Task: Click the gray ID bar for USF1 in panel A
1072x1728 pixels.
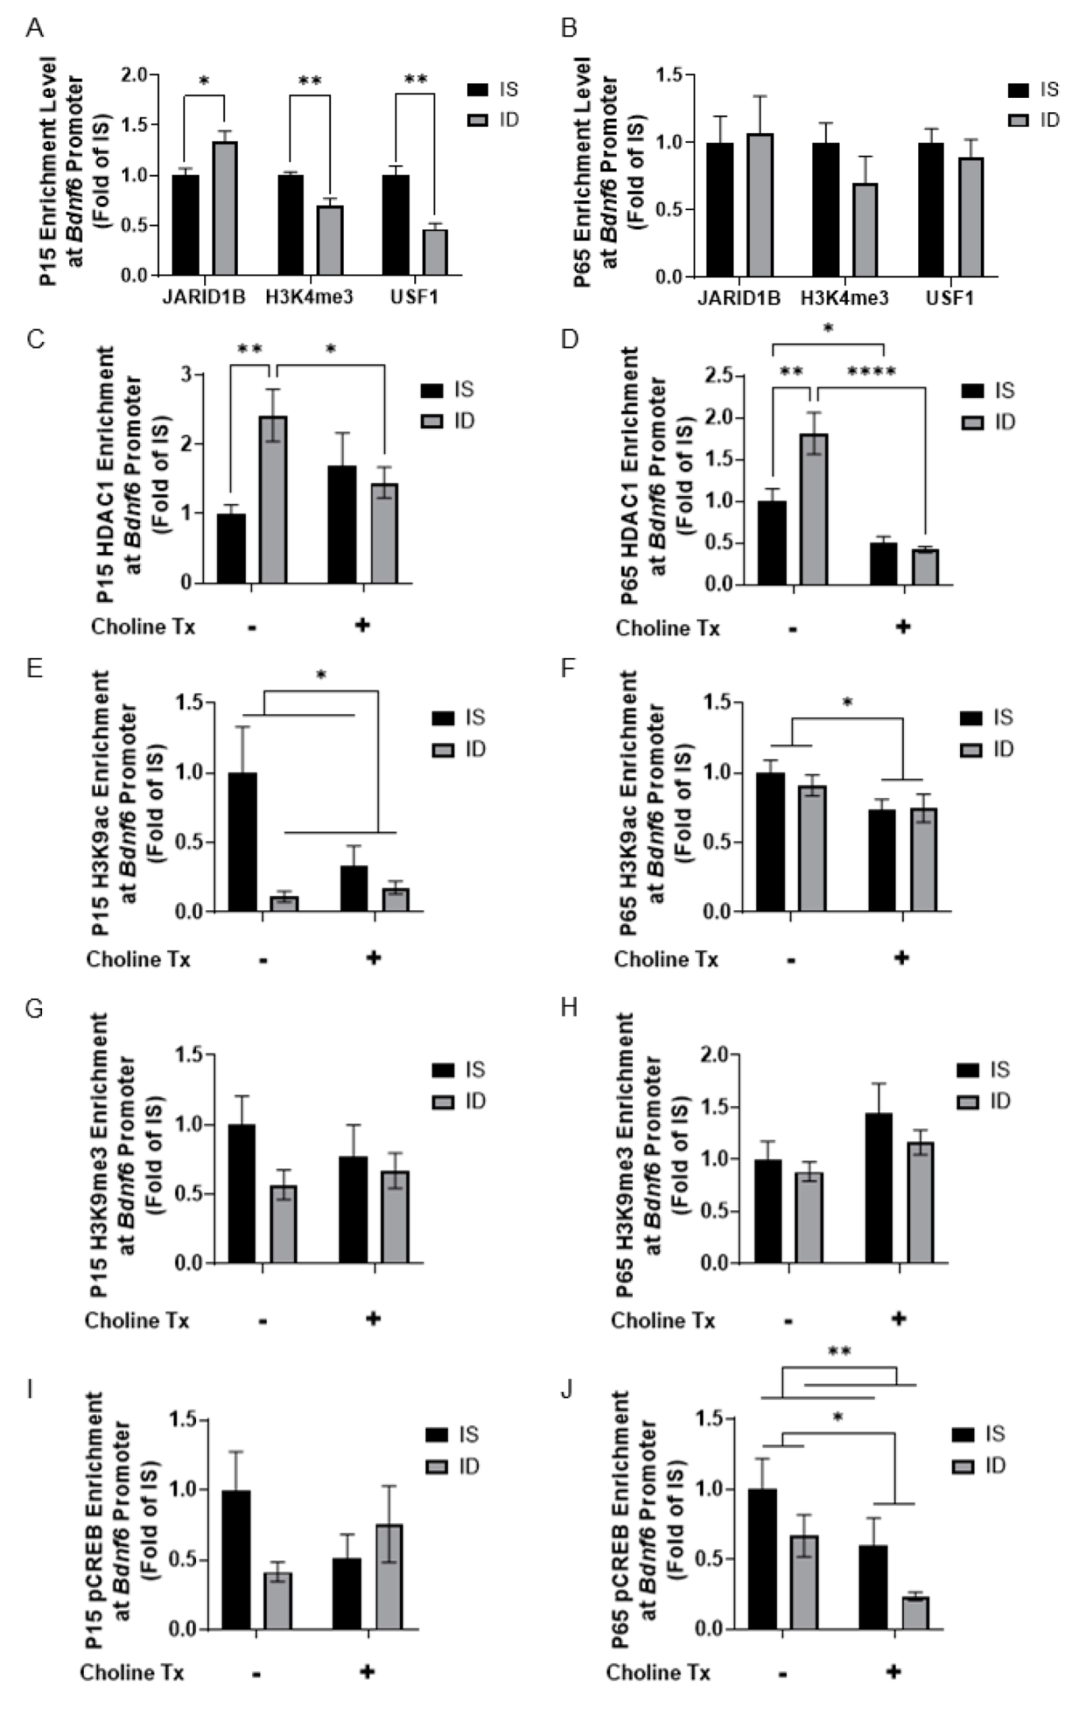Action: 434,251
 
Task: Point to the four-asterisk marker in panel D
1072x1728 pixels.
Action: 871,372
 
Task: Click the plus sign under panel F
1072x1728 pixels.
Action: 902,957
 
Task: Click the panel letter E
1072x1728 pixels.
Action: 33,669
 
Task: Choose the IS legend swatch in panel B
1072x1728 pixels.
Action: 1018,90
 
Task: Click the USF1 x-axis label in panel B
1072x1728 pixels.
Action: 950,298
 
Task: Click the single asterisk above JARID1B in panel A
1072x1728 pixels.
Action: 204,81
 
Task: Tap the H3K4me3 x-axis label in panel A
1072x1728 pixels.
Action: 309,297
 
